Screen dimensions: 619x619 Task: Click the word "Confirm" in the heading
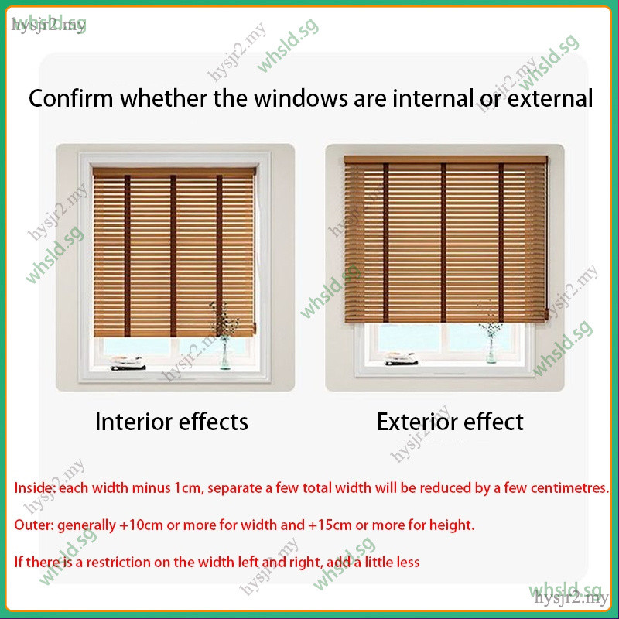click(x=70, y=98)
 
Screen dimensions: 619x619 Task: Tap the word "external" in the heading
click(x=550, y=98)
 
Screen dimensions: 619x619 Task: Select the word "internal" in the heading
click(x=433, y=98)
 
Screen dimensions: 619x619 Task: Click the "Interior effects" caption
click(x=172, y=422)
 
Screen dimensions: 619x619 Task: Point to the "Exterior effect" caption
click(x=450, y=422)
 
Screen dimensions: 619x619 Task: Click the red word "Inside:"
click(x=35, y=488)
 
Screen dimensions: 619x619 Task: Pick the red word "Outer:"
click(x=34, y=525)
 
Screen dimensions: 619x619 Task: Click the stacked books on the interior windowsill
click(x=128, y=363)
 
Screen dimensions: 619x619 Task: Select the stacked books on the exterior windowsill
click(x=401, y=358)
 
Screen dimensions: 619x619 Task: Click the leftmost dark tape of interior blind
click(x=127, y=256)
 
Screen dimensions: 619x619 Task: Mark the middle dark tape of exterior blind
click(x=443, y=243)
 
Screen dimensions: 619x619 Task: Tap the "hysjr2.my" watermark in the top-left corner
click(x=48, y=26)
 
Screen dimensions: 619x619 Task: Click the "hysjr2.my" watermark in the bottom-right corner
click(x=571, y=597)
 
